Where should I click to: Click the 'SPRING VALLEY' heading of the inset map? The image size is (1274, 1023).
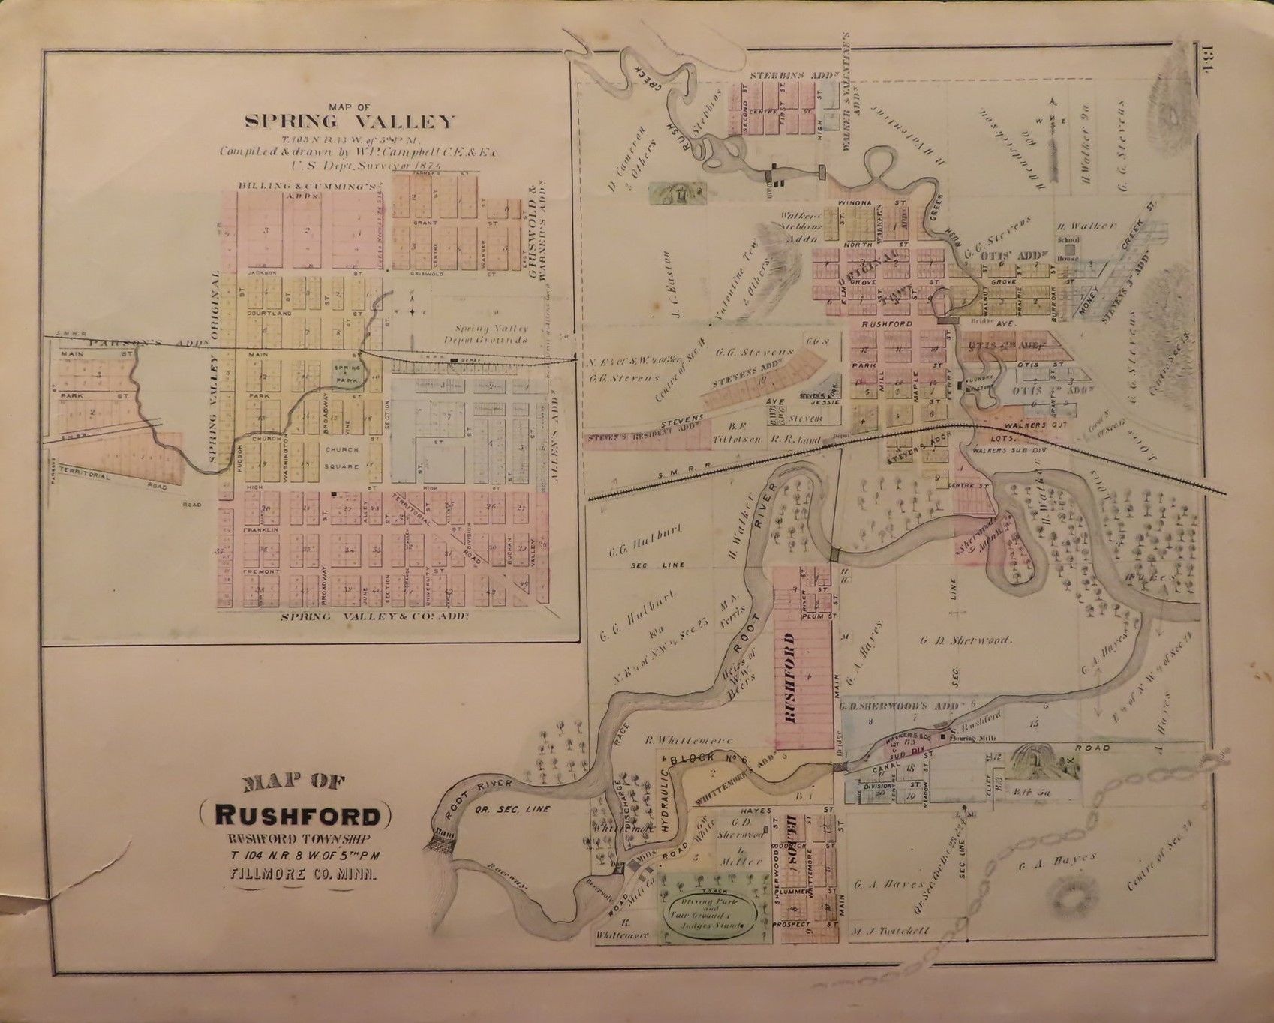[350, 121]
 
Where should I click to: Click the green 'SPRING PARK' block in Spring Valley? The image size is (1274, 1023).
[346, 373]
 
